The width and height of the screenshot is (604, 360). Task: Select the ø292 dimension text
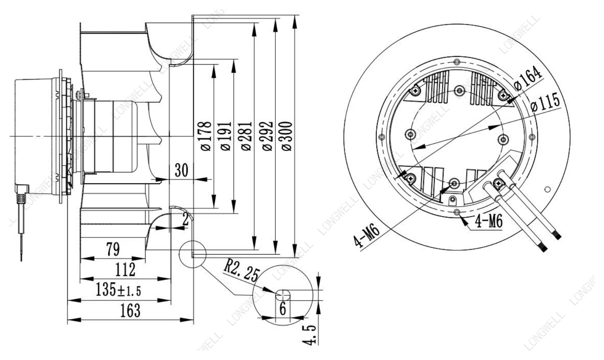point(267,136)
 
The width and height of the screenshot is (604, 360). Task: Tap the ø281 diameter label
point(246,136)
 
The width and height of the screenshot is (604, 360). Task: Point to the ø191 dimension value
point(226,136)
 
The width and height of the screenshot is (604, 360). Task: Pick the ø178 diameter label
point(206,136)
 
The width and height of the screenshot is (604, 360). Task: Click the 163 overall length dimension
point(130,311)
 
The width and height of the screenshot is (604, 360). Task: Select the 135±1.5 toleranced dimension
point(118,290)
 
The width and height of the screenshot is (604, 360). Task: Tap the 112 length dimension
point(125,269)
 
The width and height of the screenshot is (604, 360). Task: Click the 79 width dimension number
point(113,249)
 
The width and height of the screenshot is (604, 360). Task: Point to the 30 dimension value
point(181,170)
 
